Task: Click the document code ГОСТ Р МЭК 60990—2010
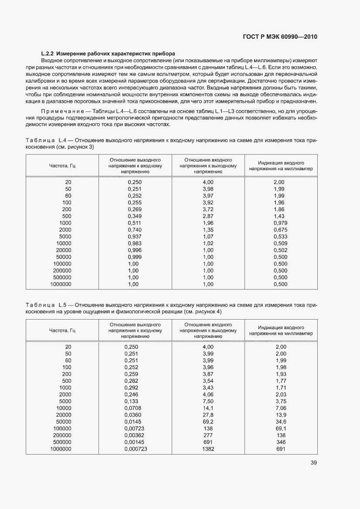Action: [279, 37]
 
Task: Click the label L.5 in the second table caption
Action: [61, 305]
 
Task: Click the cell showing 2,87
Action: [208, 216]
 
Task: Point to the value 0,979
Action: [280, 223]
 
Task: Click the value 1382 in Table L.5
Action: [208, 448]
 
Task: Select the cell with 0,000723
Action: [136, 448]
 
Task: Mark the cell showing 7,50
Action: [208, 401]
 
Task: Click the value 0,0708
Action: [133, 408]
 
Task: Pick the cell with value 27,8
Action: [208, 415]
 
